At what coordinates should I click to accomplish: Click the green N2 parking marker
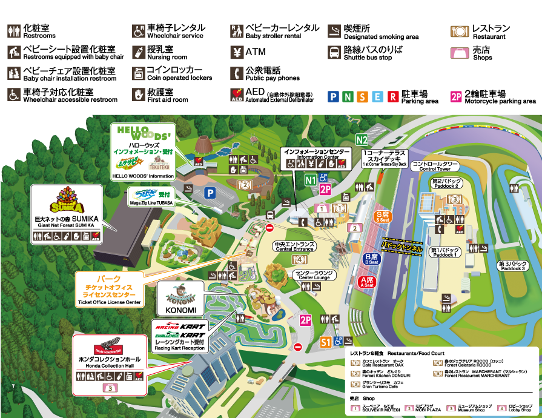click(362, 139)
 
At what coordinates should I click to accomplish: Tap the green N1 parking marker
click(310, 180)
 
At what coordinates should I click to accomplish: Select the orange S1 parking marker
click(326, 342)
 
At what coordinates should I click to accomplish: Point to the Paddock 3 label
click(513, 266)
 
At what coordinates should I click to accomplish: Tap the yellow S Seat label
click(382, 216)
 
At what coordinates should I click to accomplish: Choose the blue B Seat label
click(371, 259)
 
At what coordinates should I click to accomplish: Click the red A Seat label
click(366, 282)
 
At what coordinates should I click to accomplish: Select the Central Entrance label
click(294, 247)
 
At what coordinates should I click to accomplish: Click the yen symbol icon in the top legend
click(237, 52)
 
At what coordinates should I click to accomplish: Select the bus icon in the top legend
click(334, 52)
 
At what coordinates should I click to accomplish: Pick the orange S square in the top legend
click(362, 96)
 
